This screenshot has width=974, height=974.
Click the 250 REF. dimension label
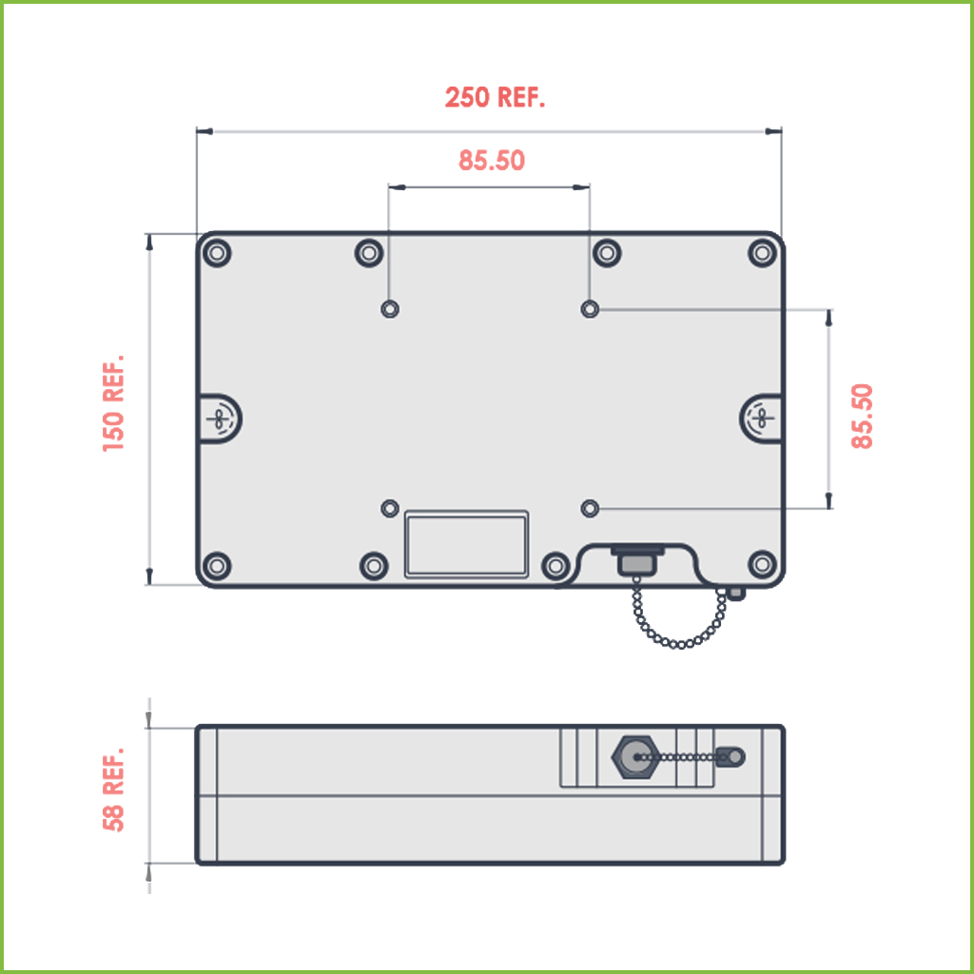(x=495, y=98)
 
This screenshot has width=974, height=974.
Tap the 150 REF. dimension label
(x=114, y=403)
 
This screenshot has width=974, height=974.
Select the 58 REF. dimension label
(x=114, y=789)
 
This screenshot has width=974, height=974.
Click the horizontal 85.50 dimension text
(x=492, y=160)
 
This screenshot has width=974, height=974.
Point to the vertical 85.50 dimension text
(x=862, y=417)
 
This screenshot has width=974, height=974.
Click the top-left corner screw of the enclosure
(x=218, y=253)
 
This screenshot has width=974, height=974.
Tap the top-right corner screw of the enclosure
(x=763, y=253)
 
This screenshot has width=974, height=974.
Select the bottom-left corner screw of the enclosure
(x=218, y=565)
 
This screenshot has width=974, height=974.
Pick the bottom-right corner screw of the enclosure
(x=763, y=564)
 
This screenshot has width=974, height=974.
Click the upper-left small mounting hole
(x=390, y=309)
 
